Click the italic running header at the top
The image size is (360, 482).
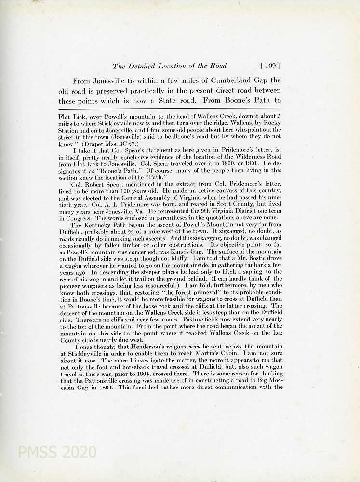pos(169,66)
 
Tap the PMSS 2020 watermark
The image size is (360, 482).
pos(57,452)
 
